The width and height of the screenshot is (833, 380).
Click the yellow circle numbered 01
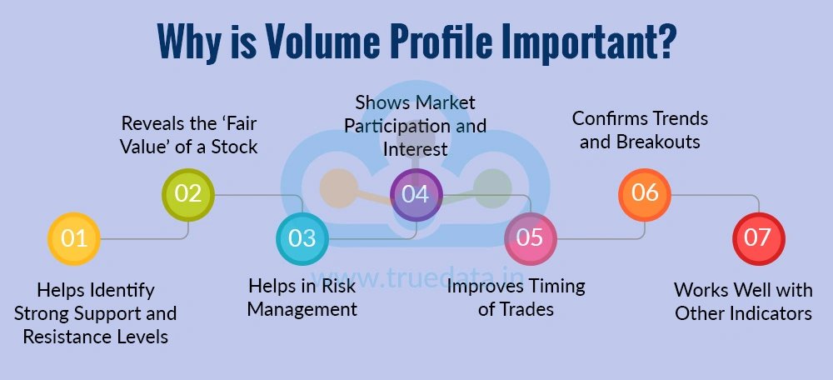coord(74,238)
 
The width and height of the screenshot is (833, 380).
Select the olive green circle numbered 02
coord(188,194)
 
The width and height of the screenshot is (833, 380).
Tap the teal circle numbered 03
coord(302,238)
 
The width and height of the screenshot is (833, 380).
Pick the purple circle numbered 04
coord(416,194)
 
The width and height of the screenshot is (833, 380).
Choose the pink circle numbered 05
coord(530,238)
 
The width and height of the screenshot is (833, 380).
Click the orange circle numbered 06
coord(644,194)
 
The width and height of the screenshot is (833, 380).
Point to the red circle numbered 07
coord(758,238)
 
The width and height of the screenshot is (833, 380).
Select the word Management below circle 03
coord(302,309)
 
